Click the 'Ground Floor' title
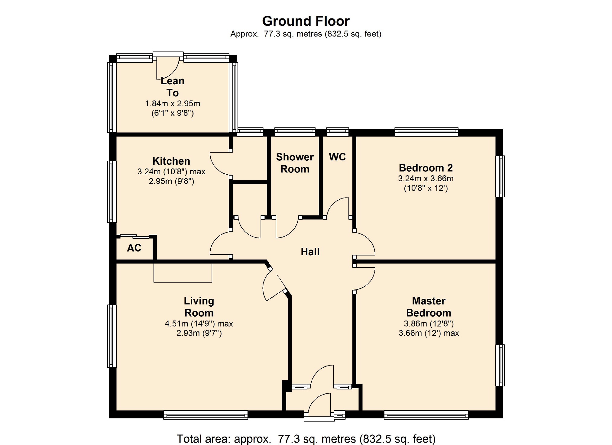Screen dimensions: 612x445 click(x=306, y=21)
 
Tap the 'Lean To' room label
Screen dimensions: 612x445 click(x=172, y=87)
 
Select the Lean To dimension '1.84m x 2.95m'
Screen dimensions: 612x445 click(x=173, y=104)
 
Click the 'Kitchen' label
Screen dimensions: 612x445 click(x=171, y=161)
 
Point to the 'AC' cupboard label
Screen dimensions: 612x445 click(x=134, y=248)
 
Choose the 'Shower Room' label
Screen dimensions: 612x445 click(x=295, y=163)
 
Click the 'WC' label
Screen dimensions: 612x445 click(x=337, y=157)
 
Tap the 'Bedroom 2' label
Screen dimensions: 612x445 click(x=426, y=168)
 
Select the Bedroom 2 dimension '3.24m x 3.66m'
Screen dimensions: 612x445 click(x=426, y=179)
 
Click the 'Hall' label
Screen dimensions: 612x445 click(x=310, y=252)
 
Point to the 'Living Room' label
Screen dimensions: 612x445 click(x=199, y=307)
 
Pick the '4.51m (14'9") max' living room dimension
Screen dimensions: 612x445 click(x=199, y=324)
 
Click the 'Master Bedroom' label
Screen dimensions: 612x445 click(x=429, y=307)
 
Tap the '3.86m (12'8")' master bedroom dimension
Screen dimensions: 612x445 click(x=429, y=324)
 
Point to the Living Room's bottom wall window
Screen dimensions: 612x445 click(x=206, y=415)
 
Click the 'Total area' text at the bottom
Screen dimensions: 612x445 click(x=306, y=439)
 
